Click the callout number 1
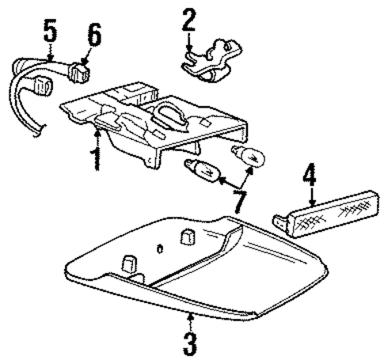coord(95,156)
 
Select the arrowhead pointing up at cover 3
coord(191,318)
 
